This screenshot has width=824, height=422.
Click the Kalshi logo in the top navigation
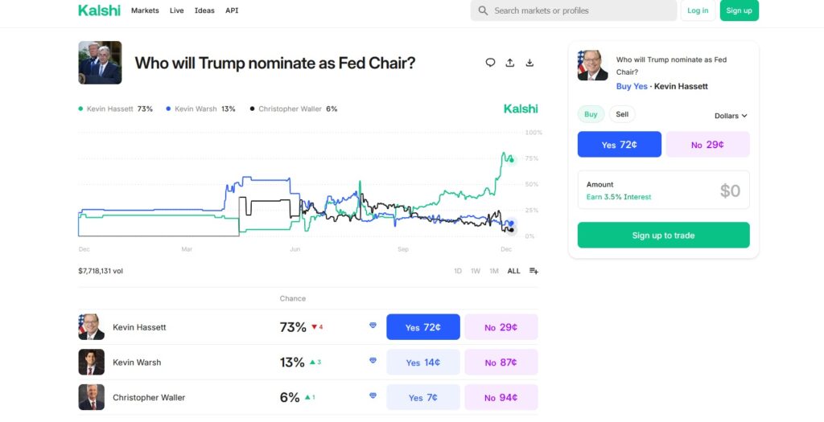tap(99, 10)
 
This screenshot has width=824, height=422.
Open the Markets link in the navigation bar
tap(145, 10)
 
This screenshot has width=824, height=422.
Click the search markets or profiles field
tap(573, 10)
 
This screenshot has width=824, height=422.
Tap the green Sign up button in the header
tap(739, 10)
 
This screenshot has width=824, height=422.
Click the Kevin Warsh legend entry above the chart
tap(200, 109)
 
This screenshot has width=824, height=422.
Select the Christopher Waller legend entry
tap(294, 109)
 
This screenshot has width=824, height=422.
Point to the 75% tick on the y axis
tap(532, 158)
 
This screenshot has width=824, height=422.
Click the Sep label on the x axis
tap(403, 249)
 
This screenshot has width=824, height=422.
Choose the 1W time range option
tap(476, 271)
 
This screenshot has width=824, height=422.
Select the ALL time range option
tap(513, 271)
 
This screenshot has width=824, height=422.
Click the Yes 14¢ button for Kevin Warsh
tap(422, 363)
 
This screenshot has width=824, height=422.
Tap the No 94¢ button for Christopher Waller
tap(501, 397)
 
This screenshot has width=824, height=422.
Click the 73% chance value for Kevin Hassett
tap(293, 327)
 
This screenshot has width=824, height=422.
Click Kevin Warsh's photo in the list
tap(91, 363)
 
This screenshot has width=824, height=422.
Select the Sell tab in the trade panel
tap(622, 114)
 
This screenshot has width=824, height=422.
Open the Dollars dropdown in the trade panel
tap(731, 116)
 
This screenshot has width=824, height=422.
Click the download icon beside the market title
tap(529, 63)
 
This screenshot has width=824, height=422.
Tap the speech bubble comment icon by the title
tap(490, 63)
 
